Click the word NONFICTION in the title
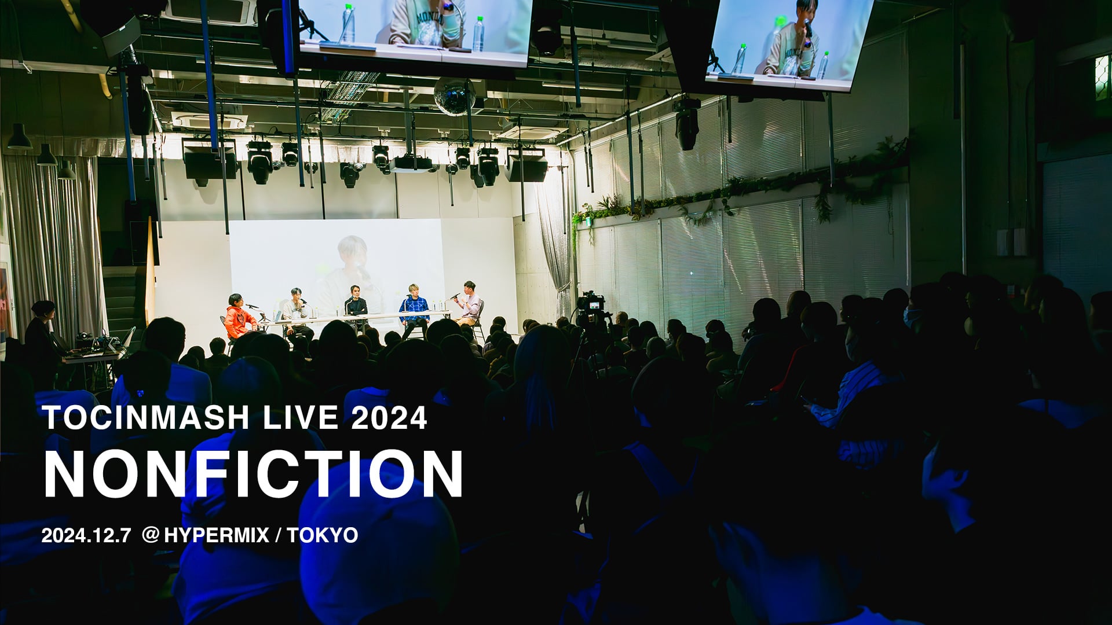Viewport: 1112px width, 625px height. (253, 475)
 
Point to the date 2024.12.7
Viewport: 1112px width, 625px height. (86, 535)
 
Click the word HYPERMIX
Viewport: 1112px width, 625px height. (217, 535)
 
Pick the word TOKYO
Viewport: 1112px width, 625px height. (322, 535)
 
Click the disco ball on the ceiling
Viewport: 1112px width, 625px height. (455, 95)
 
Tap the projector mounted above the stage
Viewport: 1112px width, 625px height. (411, 165)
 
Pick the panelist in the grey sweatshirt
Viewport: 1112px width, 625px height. (297, 310)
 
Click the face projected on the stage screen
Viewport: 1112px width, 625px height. (352, 255)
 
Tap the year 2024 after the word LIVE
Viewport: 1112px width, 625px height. (389, 418)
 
